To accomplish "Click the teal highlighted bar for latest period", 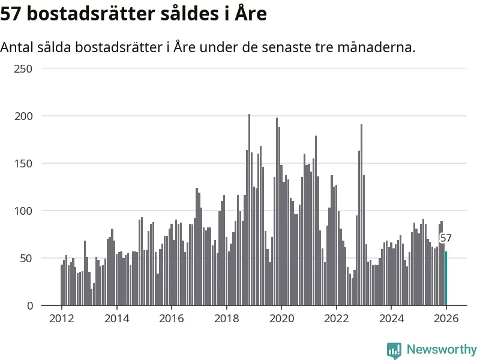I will coord(446,278).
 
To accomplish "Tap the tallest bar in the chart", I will coord(249,210).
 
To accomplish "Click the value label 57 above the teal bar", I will coord(446,238).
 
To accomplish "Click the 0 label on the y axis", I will coord(29,306).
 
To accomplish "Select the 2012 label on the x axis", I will coord(62,319).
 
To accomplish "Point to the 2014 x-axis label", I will coord(116,319).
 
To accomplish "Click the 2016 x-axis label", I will coord(172,319).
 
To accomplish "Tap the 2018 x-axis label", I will coord(226,319).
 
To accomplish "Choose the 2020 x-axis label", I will coord(281,319).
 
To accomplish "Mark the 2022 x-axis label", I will coord(336,319).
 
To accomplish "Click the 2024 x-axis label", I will coord(391,319).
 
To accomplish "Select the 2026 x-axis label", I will coord(446,319).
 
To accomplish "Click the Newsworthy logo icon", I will coord(394,350).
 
